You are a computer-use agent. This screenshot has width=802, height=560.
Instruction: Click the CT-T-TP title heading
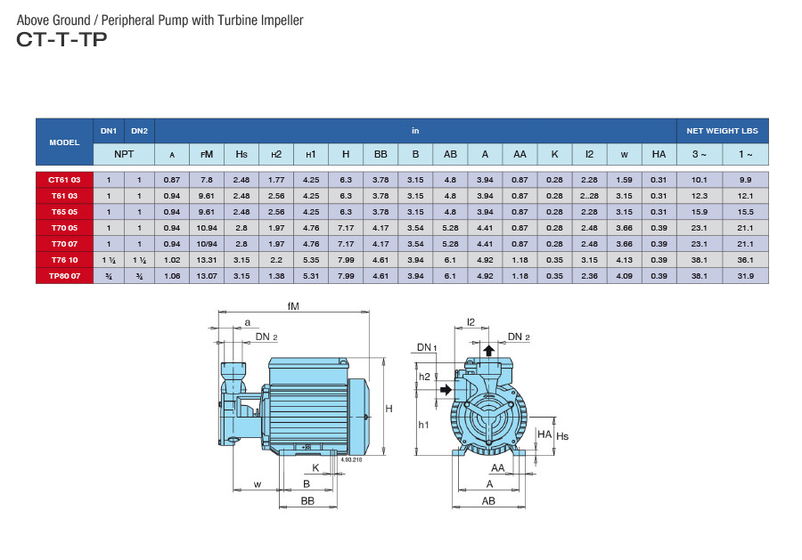pyautogui.click(x=61, y=39)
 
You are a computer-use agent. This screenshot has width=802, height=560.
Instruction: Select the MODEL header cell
pyautogui.click(x=64, y=142)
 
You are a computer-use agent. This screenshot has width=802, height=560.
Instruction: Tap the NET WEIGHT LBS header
pyautogui.click(x=722, y=131)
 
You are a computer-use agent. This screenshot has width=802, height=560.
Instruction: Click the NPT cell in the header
pyautogui.click(x=124, y=154)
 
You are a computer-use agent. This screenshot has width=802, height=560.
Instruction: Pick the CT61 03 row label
pyautogui.click(x=64, y=180)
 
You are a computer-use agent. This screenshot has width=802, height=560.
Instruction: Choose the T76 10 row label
pyautogui.click(x=64, y=260)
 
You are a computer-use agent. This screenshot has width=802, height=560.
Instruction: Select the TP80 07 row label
pyautogui.click(x=64, y=276)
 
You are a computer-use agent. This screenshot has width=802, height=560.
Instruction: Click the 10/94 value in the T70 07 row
pyautogui.click(x=207, y=244)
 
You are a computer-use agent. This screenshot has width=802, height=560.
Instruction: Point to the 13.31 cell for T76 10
pyautogui.click(x=207, y=260)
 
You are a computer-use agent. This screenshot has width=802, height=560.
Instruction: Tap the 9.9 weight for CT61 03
pyautogui.click(x=745, y=180)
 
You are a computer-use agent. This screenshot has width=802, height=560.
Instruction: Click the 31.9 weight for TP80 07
pyautogui.click(x=745, y=276)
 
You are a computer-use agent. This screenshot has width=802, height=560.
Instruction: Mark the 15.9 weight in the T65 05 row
pyautogui.click(x=699, y=212)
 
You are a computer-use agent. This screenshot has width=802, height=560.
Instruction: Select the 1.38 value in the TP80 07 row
pyautogui.click(x=276, y=276)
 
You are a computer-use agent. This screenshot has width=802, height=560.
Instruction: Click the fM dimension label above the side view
pyautogui.click(x=294, y=307)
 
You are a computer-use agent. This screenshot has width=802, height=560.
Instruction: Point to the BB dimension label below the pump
pyautogui.click(x=307, y=501)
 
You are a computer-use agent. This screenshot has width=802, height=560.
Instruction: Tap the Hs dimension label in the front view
pyautogui.click(x=562, y=436)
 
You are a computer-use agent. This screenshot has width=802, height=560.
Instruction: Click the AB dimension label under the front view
pyautogui.click(x=488, y=501)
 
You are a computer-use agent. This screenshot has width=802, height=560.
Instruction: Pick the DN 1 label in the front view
pyautogui.click(x=427, y=348)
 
